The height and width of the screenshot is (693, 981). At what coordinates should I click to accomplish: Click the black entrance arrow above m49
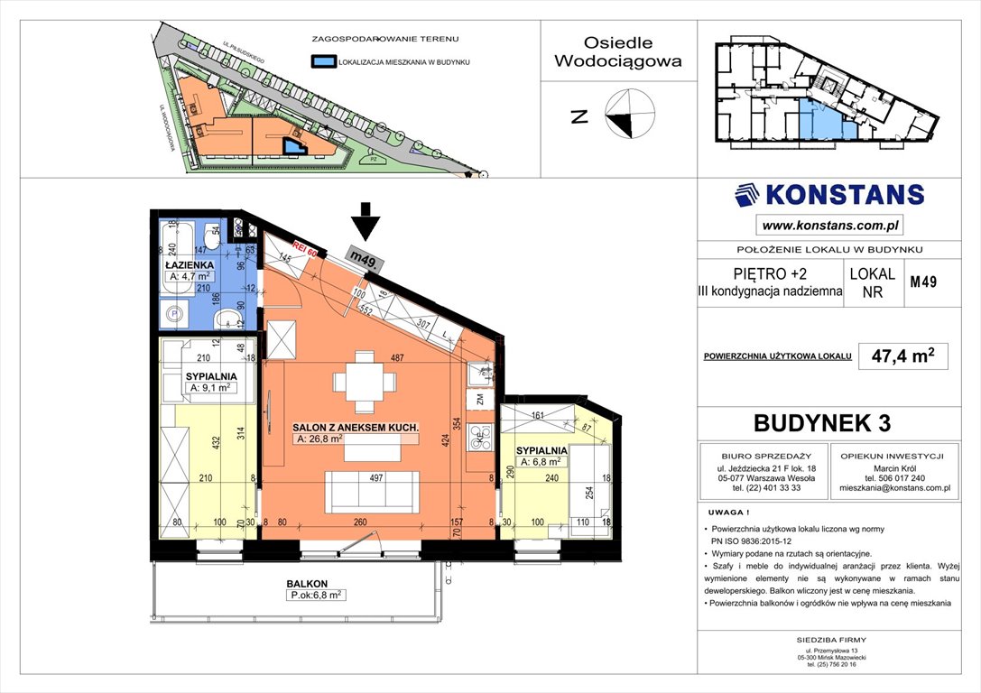click(365, 220)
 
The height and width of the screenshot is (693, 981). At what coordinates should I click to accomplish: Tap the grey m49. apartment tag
click(365, 259)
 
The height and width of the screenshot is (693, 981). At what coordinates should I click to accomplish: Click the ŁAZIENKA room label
click(189, 264)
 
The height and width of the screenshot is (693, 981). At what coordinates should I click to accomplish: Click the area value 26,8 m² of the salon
click(319, 439)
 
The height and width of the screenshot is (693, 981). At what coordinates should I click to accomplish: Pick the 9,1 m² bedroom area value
click(213, 388)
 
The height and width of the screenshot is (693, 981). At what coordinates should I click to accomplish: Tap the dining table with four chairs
click(365, 383)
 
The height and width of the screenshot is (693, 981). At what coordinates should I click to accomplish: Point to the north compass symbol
click(629, 115)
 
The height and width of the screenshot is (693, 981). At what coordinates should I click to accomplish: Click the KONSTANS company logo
click(829, 195)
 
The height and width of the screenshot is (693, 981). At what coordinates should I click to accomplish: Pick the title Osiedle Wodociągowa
click(618, 52)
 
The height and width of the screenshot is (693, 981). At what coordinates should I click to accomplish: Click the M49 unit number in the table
click(922, 282)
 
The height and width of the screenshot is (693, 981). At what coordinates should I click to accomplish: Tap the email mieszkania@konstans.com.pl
click(894, 488)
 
